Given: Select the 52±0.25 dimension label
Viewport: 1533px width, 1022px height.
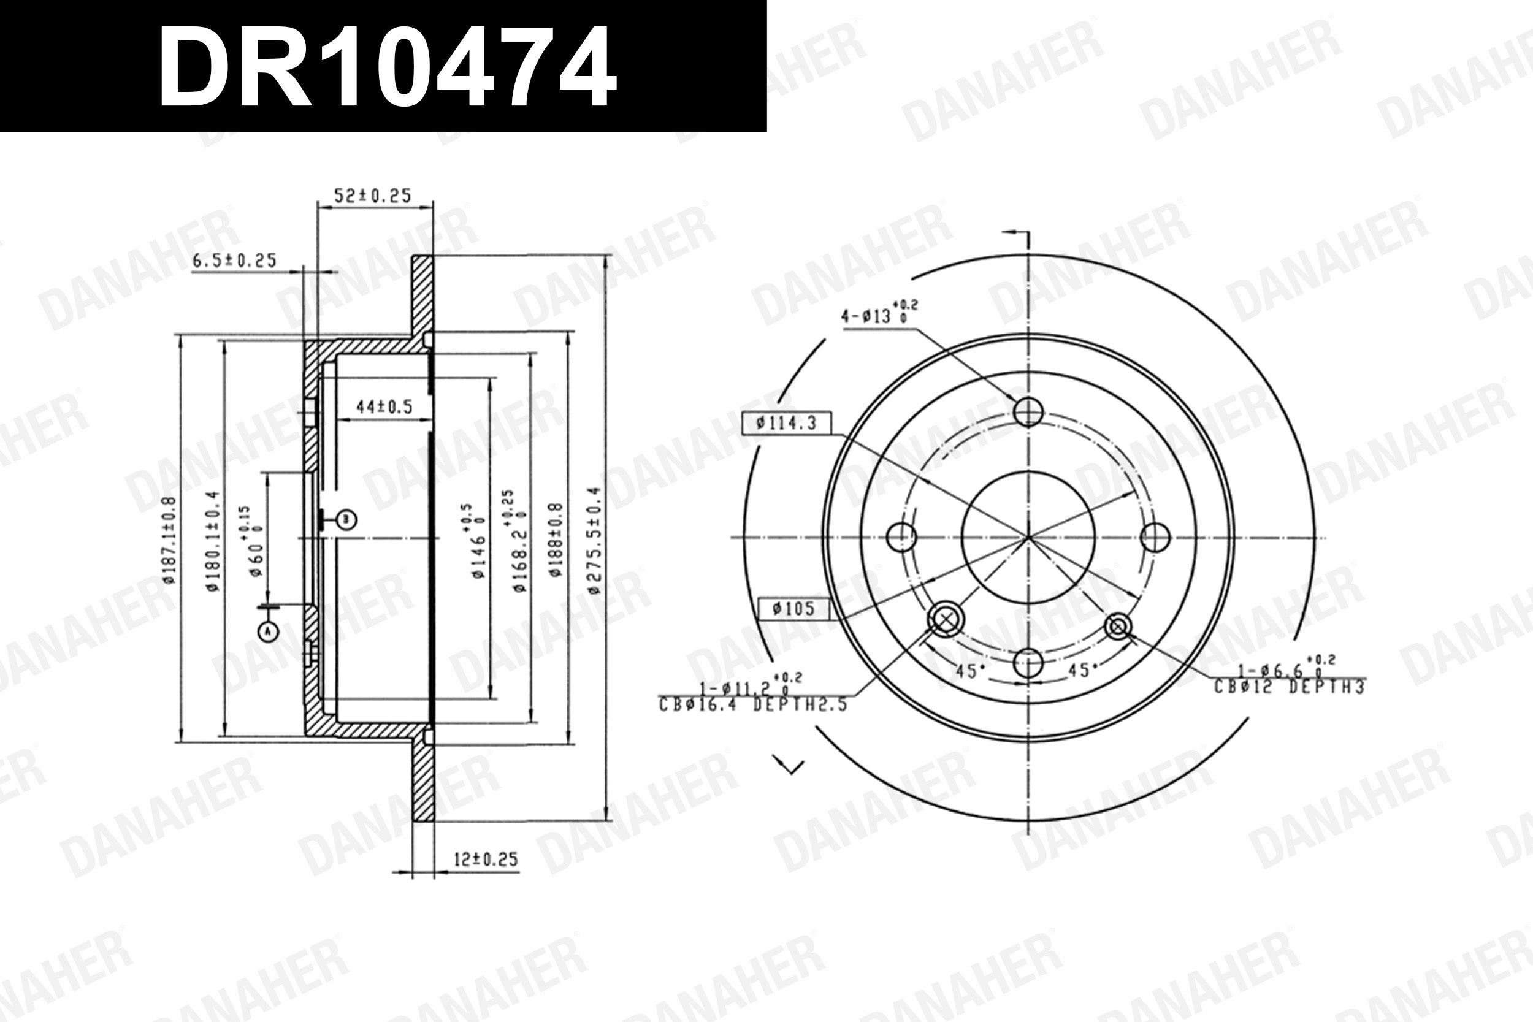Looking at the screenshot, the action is click(x=372, y=195).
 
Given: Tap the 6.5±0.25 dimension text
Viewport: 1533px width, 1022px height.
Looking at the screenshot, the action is click(x=235, y=260).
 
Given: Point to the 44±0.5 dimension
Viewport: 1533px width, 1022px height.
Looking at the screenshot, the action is click(x=384, y=406).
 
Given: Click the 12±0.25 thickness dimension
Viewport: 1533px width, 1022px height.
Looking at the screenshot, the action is click(x=486, y=859).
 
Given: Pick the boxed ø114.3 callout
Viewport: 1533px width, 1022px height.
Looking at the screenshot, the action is click(x=787, y=423).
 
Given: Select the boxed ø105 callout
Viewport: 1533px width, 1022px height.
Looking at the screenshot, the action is click(x=794, y=609).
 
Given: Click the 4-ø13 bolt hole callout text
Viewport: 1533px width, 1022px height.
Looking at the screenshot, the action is click(x=879, y=314).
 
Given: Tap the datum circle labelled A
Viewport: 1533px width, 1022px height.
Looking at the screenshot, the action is click(x=268, y=630).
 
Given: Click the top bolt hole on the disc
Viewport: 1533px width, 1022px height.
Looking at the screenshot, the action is click(x=1028, y=411).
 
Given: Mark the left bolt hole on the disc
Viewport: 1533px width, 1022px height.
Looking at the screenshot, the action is click(x=901, y=537).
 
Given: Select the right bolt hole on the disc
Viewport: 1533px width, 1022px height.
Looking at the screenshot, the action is click(x=1156, y=537).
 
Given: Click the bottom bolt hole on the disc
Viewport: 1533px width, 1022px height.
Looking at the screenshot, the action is click(x=1028, y=663).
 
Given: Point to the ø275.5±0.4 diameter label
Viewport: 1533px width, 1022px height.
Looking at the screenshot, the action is click(x=593, y=541).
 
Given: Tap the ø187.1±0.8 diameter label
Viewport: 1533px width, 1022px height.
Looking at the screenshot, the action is click(x=169, y=540).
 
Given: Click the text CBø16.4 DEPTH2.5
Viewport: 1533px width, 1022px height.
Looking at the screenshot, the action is click(x=753, y=704).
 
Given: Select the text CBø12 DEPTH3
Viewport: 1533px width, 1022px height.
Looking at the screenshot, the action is click(x=1289, y=686).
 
